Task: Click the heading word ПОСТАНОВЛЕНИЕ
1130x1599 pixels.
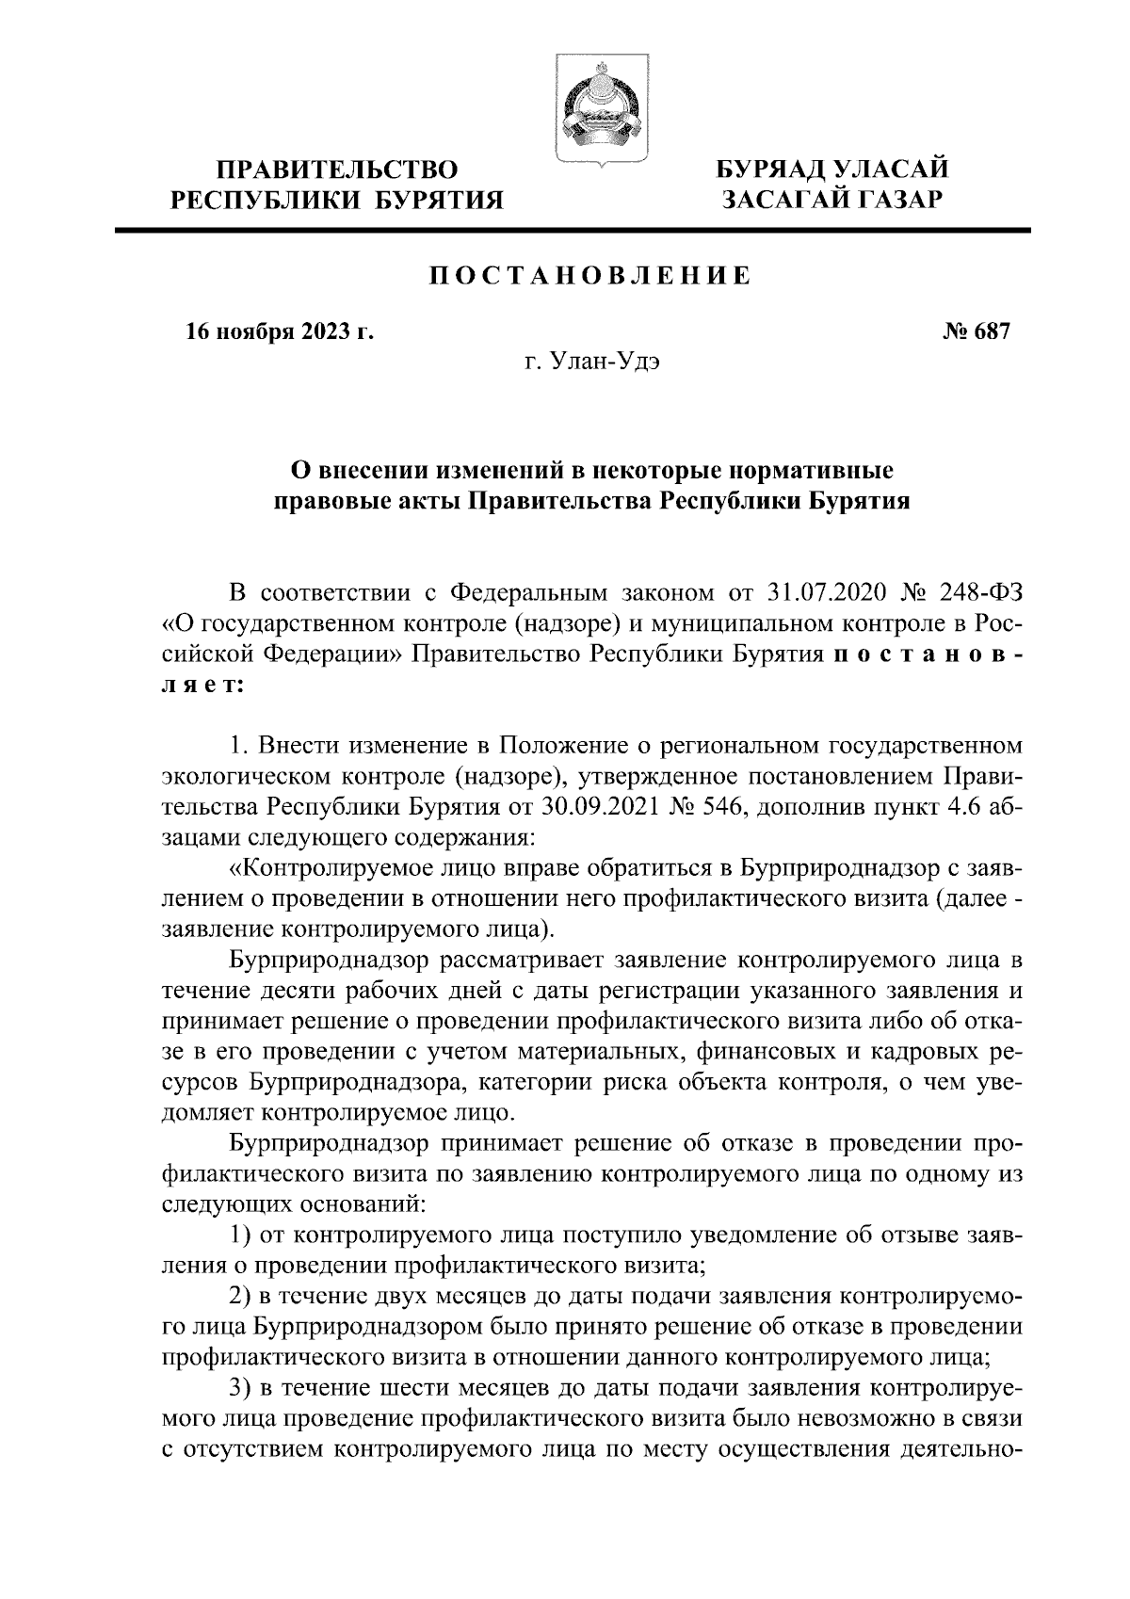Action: pos(589,277)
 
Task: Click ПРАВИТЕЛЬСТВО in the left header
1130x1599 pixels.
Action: pos(337,170)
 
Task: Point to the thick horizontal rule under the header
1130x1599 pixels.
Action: pos(573,230)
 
